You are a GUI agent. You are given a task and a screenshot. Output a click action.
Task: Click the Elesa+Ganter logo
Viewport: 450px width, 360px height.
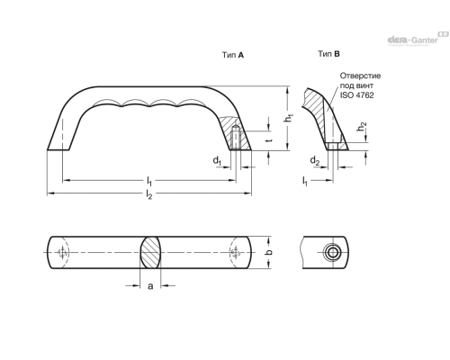(418, 39)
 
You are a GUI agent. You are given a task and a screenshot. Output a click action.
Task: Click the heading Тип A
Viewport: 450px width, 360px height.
(233, 55)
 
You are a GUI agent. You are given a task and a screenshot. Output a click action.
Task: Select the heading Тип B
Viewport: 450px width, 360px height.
(328, 54)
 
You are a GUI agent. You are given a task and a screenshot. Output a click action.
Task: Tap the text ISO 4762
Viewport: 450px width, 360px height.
(356, 95)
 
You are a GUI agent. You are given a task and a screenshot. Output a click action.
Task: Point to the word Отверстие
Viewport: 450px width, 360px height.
(360, 76)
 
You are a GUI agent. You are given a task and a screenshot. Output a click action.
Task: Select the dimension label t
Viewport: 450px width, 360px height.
(269, 140)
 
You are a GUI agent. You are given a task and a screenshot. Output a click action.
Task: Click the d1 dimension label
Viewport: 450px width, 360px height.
(217, 161)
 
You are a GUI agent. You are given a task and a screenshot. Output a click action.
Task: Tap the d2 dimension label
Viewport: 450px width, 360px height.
(314, 161)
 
